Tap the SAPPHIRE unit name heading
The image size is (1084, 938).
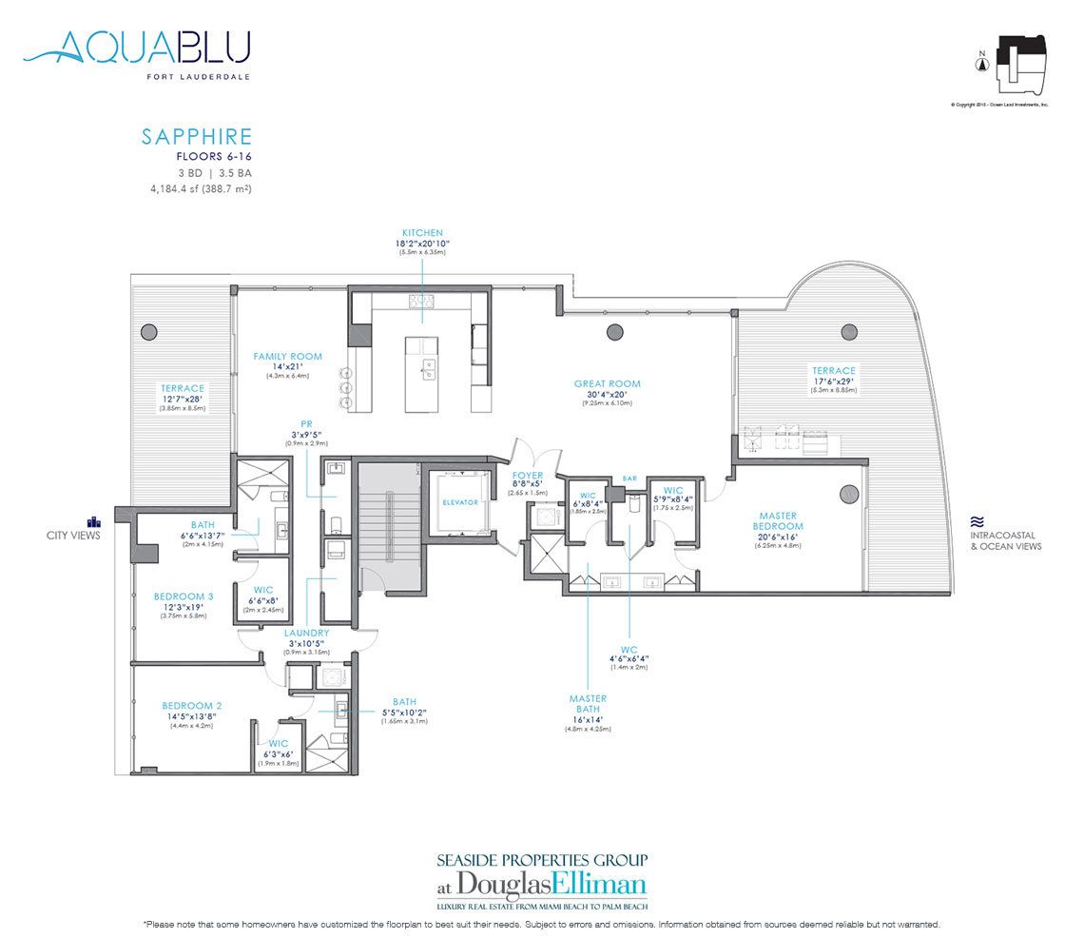(x=197, y=137)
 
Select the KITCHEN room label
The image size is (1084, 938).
(x=422, y=232)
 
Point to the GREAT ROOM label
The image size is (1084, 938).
(x=607, y=384)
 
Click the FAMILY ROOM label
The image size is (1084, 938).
(x=287, y=357)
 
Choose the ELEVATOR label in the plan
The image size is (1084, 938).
(x=460, y=502)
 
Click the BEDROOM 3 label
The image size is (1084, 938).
(x=184, y=596)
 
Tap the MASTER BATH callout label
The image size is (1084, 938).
(x=588, y=704)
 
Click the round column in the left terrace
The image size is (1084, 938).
(x=148, y=332)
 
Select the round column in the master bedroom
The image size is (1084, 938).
(x=847, y=495)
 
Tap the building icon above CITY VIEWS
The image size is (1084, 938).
(x=93, y=520)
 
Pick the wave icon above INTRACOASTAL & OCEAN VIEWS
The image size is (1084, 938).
(x=976, y=521)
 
